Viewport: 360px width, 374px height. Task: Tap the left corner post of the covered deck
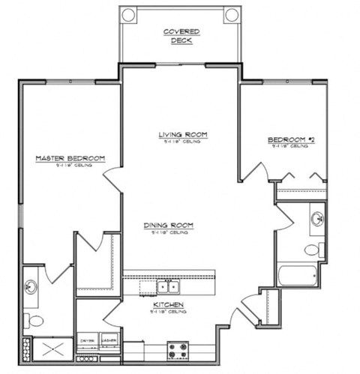[x=128, y=14]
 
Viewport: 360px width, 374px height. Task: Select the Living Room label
[x=182, y=136]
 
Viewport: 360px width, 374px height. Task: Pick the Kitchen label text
[x=169, y=306]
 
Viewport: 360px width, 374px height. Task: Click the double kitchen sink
[x=168, y=286]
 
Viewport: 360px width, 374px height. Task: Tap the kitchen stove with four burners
[x=178, y=349]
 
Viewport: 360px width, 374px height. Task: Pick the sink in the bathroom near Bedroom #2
[x=317, y=220]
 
